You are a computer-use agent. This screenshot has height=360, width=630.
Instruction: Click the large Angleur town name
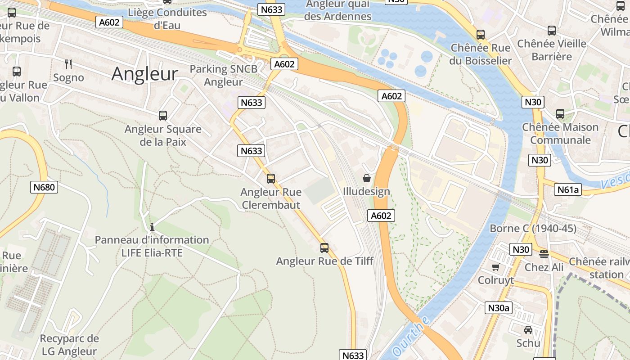tap(144, 74)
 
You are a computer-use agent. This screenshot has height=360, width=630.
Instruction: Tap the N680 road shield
tap(44, 187)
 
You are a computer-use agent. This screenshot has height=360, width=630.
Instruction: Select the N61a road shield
tap(568, 189)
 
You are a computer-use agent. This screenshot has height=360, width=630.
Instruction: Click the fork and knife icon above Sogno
tap(68, 64)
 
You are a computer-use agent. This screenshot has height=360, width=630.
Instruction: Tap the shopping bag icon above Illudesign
tap(367, 178)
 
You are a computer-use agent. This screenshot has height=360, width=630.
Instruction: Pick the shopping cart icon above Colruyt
tap(495, 267)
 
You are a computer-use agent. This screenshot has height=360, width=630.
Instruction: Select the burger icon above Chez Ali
tap(544, 254)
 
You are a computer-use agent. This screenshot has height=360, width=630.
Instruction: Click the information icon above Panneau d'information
tap(152, 227)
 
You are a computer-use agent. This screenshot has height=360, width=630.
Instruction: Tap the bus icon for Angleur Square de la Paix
tap(163, 116)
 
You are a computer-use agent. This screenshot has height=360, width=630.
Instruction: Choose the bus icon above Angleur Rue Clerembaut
tap(270, 179)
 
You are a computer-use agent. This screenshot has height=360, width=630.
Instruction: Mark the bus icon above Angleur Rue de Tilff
tap(324, 247)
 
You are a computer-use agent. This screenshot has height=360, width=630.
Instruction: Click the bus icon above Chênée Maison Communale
tap(560, 114)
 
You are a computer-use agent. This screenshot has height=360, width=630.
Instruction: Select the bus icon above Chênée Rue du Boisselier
tap(481, 35)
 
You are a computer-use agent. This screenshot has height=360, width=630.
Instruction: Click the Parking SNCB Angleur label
tap(224, 75)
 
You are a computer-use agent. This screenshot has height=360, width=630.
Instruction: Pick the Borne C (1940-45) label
tap(533, 228)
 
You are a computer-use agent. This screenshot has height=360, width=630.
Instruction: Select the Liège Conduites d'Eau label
tap(167, 18)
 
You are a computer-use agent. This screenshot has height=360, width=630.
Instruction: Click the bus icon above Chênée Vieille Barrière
tap(551, 31)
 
